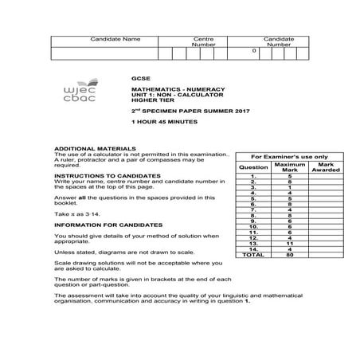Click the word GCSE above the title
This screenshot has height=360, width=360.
tap(139, 78)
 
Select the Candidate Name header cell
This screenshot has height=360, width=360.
tap(115, 39)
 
